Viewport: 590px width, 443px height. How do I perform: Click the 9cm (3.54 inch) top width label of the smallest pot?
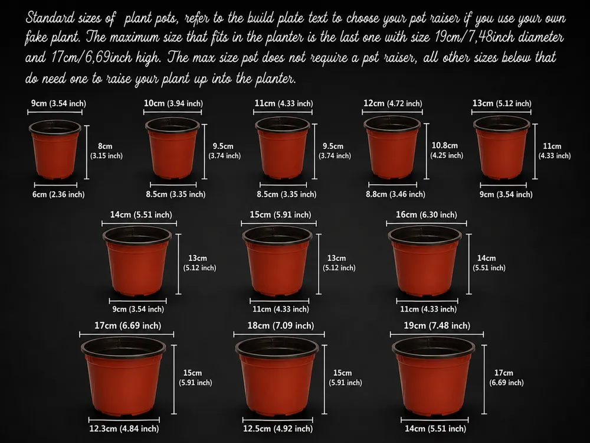tap(58, 103)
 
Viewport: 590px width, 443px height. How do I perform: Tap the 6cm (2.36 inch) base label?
tap(58, 194)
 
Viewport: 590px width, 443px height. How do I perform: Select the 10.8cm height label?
tap(446, 150)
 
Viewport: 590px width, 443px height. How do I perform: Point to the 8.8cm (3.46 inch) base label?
tap(395, 194)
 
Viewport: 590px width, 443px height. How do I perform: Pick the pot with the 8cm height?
tap(55, 149)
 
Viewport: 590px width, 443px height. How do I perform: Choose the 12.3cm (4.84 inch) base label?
tap(124, 428)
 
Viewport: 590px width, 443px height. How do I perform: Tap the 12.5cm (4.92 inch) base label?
tap(278, 428)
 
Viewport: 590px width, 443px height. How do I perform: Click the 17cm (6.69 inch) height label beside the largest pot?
tap(506, 377)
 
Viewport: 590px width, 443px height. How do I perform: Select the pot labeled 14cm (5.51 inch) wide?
tap(137, 260)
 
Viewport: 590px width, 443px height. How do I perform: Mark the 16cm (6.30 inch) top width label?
tap(427, 215)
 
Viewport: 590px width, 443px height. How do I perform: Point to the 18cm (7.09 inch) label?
tap(280, 325)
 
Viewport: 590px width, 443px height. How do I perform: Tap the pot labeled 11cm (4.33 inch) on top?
tap(283, 148)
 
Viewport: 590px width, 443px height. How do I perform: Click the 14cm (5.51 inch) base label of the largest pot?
tap(435, 428)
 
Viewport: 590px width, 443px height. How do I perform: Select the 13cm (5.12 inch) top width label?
tap(502, 103)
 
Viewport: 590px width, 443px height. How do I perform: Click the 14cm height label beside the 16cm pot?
tap(489, 263)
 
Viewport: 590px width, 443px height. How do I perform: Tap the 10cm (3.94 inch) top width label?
tap(173, 103)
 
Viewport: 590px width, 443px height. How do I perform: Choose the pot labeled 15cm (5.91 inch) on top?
tap(277, 260)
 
